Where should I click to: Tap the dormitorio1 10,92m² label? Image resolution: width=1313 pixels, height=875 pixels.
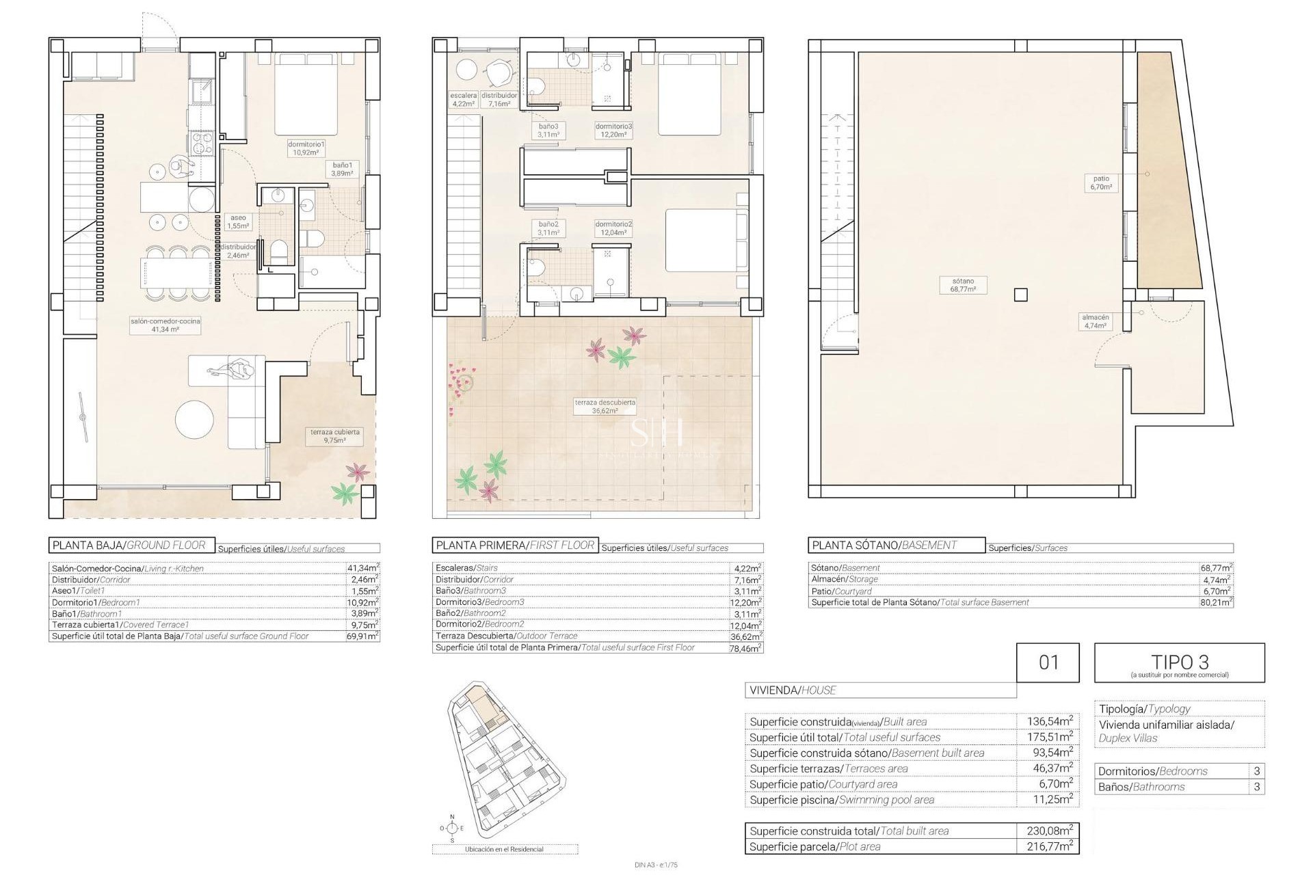click(306, 148)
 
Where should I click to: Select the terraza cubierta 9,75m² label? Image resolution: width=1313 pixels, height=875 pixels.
click(335, 436)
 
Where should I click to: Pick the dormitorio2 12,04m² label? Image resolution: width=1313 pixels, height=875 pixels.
click(613, 228)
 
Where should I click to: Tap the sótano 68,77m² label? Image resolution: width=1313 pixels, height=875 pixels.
click(963, 285)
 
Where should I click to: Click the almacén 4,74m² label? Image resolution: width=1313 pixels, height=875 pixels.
click(1095, 321)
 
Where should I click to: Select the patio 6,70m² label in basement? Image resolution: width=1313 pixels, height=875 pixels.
click(1101, 183)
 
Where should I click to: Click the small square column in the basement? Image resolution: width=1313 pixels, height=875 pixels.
click(1020, 295)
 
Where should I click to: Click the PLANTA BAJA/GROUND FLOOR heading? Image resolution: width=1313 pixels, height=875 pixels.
click(132, 545)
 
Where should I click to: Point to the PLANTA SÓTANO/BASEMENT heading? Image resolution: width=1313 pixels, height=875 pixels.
click(897, 545)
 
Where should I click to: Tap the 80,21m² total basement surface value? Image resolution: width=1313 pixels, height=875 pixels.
click(1216, 602)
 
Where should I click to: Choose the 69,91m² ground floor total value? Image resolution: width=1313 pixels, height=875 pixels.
click(362, 636)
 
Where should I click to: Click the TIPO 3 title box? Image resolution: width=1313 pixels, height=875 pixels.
click(1179, 662)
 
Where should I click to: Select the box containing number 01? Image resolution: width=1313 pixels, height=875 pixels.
click(1048, 662)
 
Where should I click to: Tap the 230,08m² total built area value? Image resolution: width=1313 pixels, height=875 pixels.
click(1049, 831)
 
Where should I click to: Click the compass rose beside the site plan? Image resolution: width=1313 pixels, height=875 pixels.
click(451, 828)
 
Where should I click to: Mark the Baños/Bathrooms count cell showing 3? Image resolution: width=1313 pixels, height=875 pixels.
click(1257, 787)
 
